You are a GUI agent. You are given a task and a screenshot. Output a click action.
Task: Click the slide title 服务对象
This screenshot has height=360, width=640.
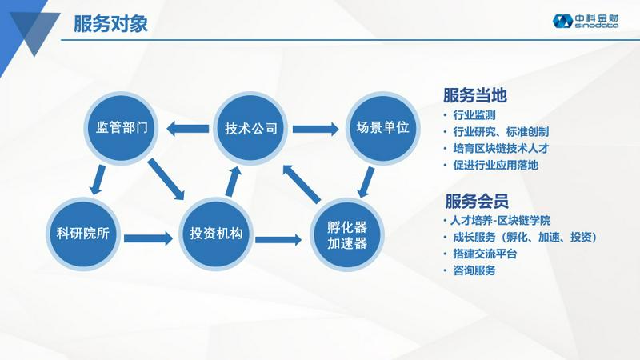110,23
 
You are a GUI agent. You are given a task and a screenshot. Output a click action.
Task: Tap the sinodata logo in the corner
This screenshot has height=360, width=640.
586,21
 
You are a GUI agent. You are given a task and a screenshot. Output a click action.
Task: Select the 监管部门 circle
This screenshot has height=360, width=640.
122,128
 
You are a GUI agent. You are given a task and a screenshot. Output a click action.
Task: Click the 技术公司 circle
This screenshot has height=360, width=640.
250,128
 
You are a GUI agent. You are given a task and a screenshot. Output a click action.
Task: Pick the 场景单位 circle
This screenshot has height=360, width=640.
383,128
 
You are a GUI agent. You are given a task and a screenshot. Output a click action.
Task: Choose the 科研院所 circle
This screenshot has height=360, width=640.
83,234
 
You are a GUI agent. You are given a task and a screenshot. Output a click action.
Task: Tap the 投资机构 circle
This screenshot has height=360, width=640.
216,234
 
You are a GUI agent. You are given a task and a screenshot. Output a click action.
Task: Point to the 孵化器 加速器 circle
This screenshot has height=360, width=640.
347,234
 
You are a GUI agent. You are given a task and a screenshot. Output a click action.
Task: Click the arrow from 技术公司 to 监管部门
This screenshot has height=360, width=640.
188,129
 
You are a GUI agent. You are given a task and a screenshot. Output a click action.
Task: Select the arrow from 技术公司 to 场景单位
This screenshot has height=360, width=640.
315,129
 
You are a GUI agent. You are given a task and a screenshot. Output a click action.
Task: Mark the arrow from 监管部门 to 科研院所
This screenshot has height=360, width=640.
98,179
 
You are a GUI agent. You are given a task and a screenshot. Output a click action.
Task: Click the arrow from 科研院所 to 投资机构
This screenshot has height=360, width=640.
149,238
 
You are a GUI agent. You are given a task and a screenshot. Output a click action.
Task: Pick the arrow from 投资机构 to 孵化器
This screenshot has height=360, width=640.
278,238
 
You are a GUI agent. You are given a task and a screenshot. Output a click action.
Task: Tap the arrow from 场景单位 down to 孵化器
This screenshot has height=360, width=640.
366,182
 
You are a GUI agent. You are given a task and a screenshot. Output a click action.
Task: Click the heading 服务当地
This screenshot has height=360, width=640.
475,95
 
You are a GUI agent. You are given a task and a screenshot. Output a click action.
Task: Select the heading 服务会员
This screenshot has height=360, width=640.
477,202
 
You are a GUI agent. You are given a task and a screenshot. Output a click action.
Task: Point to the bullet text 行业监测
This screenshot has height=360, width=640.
474,115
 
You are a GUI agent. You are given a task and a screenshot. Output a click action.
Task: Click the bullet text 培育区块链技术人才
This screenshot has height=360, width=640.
501,149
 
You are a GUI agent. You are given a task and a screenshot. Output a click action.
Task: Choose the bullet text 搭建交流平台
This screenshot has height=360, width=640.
485,254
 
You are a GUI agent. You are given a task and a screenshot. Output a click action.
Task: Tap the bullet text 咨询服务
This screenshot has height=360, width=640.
474,270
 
